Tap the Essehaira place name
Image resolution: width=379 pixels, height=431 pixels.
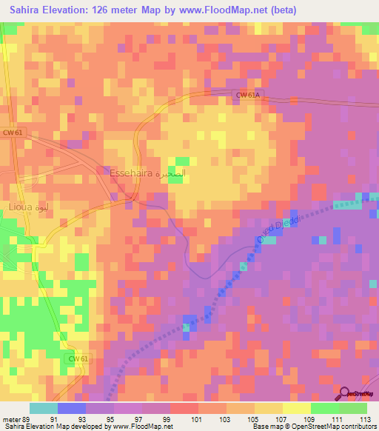point(131,173)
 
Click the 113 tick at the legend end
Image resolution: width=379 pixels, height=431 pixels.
point(363,418)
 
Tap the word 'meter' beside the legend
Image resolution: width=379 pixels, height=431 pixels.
point(10,418)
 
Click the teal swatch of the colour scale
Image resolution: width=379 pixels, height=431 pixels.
point(44,408)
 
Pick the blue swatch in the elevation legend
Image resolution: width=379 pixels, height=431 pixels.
point(72,408)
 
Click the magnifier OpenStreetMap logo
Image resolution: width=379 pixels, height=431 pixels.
point(346,395)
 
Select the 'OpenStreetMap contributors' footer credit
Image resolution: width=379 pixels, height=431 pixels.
point(338,427)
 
